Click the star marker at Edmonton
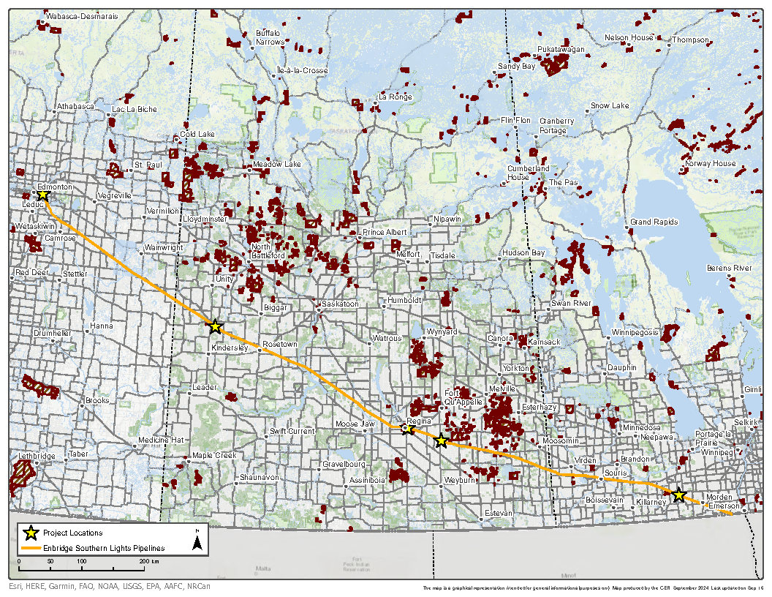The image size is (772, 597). coord(42,195)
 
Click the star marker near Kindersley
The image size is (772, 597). coord(215,326)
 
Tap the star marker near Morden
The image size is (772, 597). coord(678,495)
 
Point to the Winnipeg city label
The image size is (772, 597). coord(716,453)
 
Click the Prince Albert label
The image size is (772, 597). coord(385,233)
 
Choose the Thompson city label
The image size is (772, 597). coord(690,40)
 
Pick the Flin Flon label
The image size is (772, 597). coord(515,120)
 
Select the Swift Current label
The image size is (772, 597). coord(292,432)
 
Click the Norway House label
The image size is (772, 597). coord(710,163)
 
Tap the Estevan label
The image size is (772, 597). coord(499,514)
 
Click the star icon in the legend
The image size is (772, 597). coord(30,533)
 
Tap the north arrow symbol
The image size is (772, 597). coord(197,542)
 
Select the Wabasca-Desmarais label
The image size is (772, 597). coord(81,15)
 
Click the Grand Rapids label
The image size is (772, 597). coord(654,222)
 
